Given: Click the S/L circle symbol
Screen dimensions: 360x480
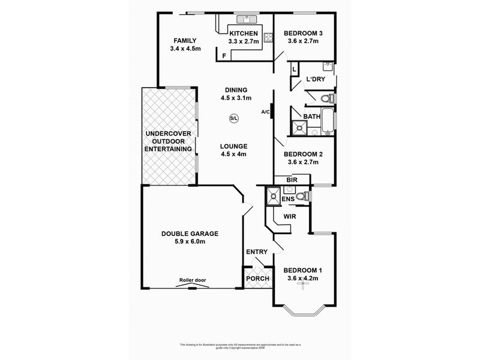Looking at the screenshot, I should coord(233,118).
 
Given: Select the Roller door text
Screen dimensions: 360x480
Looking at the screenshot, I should coord(193,280).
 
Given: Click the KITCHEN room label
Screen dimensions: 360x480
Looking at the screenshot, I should coord(243,33).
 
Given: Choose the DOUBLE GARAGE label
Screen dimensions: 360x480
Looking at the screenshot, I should coord(190,234).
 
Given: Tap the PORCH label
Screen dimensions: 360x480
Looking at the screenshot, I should coord(258,279).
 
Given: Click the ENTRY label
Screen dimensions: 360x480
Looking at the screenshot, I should coord(257,251).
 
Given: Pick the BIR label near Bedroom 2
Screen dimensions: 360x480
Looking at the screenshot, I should coord(292,179).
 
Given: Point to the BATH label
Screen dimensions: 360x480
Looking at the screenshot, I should coord(311,116).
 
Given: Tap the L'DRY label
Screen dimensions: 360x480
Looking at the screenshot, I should coord(316,79).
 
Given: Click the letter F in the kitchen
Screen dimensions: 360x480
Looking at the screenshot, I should coord(224,56).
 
